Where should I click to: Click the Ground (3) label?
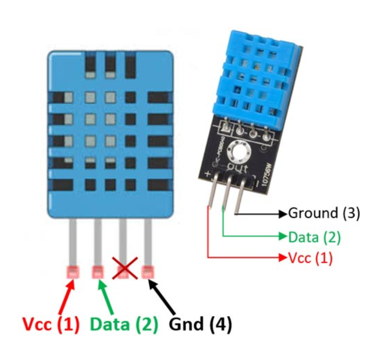(324, 213)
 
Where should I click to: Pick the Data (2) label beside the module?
(314, 236)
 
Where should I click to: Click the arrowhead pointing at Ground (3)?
(282, 214)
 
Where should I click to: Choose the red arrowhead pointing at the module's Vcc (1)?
(282, 258)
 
